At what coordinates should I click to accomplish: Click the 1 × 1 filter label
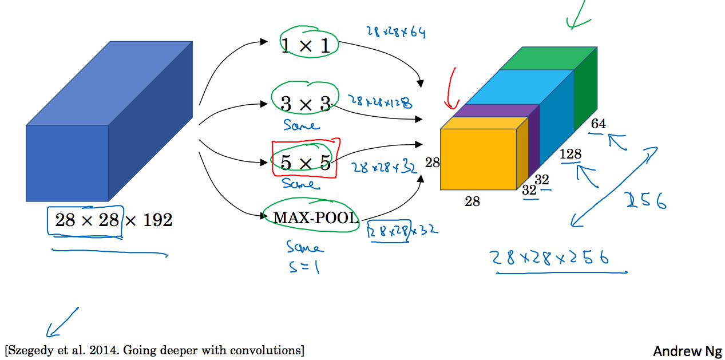306,45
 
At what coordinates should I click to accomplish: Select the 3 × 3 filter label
306,104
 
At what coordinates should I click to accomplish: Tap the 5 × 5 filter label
306,162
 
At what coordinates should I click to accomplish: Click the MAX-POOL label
316,217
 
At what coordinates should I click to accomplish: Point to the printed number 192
157,220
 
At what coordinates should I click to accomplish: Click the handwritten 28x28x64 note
396,32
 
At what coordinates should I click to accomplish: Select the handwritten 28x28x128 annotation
380,102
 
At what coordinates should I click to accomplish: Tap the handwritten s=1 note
304,267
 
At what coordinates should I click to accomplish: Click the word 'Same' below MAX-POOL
304,247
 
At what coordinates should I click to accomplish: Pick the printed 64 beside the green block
599,124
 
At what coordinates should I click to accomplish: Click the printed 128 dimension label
571,154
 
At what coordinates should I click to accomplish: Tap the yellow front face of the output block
478,159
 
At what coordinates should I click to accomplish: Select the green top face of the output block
549,58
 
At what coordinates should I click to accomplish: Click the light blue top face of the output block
520,87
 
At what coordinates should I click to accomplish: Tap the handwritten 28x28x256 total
550,258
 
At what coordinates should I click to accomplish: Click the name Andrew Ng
687,351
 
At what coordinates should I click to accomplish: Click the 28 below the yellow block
472,201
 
